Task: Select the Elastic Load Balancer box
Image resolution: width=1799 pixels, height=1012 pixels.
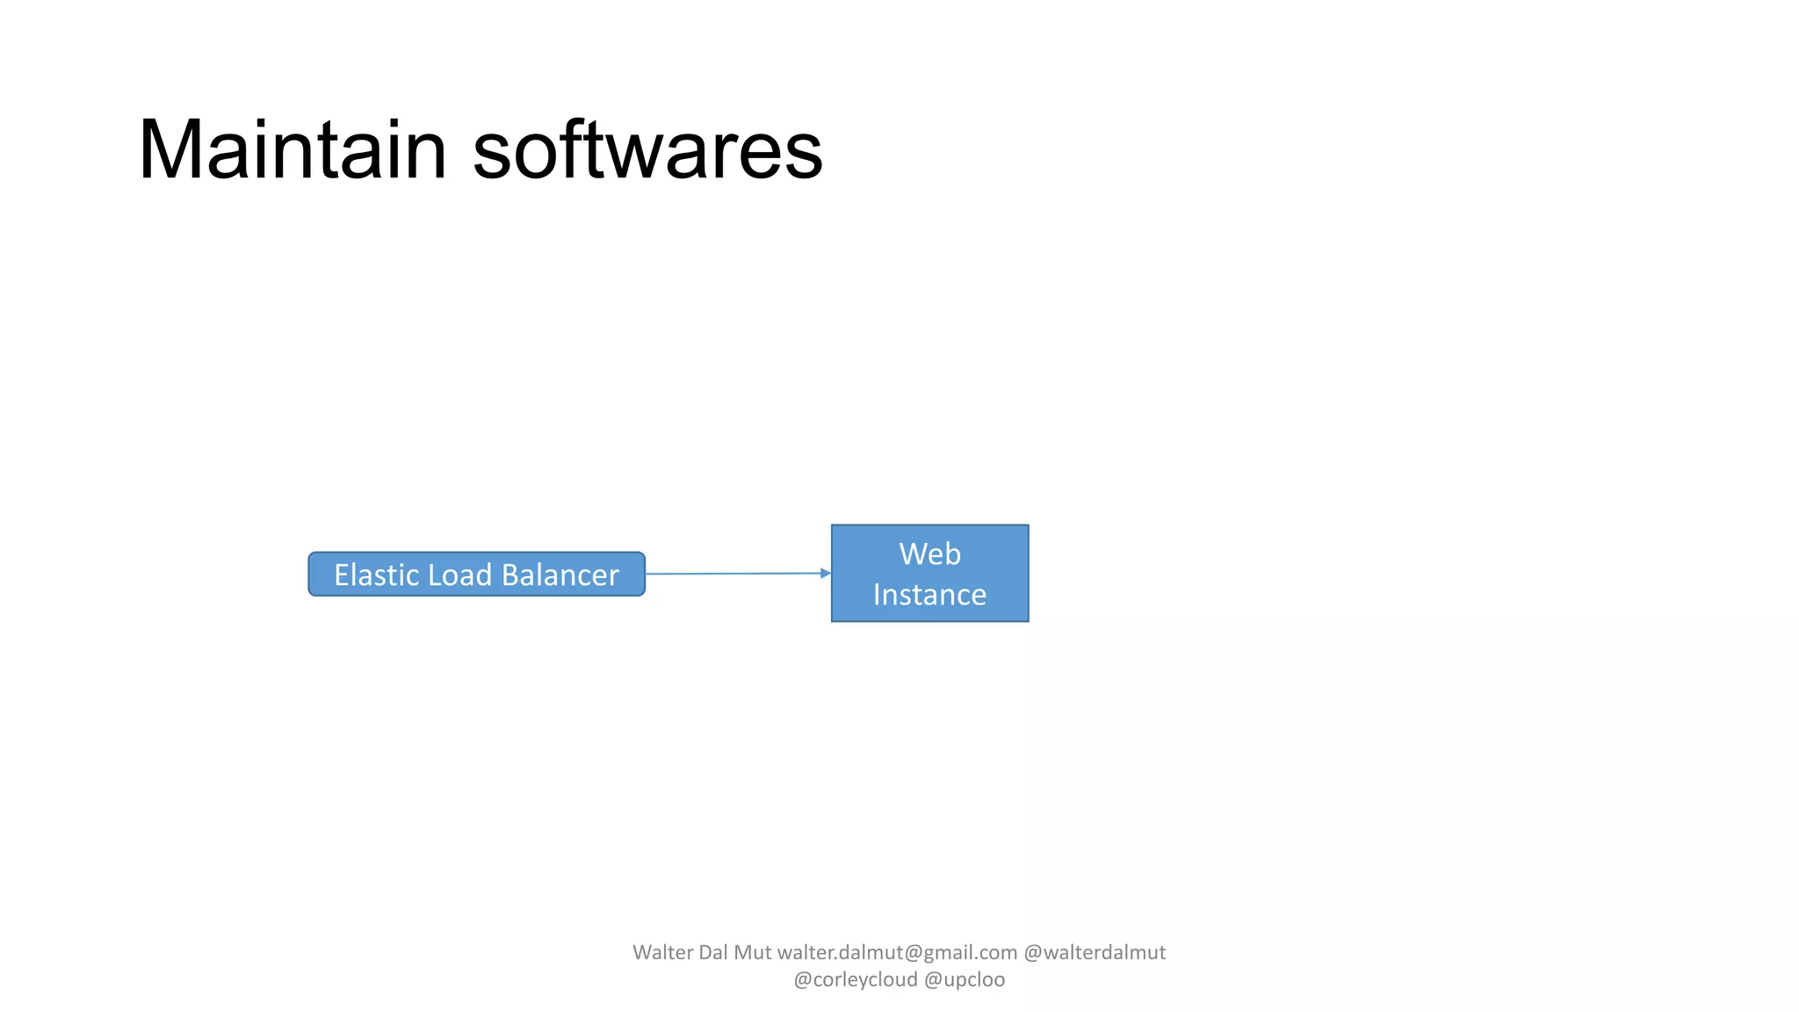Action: tap(476, 575)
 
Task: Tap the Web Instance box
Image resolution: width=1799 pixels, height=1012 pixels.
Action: tap(929, 574)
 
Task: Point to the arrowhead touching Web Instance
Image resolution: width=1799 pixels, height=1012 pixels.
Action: tap(825, 574)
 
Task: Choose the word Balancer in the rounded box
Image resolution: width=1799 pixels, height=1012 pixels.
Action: tap(560, 575)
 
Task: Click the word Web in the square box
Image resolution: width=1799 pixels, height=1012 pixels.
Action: tap(929, 554)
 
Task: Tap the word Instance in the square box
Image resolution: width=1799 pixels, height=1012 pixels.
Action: tap(929, 595)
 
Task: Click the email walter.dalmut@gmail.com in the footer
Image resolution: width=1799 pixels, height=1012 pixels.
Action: tap(897, 952)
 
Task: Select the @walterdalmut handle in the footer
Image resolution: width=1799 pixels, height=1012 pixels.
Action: tap(1095, 952)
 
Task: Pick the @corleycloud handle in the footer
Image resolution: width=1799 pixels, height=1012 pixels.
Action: tap(855, 979)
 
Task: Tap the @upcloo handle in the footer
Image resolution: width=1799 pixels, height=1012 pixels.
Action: tap(965, 979)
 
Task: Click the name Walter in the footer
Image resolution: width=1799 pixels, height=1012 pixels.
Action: tap(662, 952)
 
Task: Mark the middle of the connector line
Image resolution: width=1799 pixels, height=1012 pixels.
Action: tap(735, 574)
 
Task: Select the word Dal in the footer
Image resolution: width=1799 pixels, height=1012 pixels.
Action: tap(712, 952)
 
